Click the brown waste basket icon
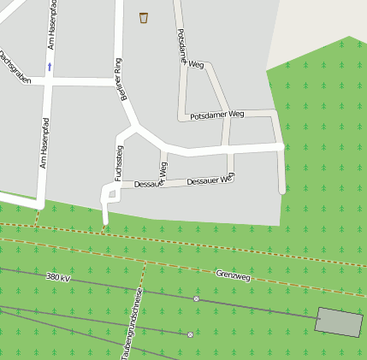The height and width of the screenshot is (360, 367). tap(144, 17)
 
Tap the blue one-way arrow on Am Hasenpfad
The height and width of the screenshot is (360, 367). tap(50, 66)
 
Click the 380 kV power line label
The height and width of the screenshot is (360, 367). tap(58, 277)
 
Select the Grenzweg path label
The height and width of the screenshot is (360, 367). tap(233, 276)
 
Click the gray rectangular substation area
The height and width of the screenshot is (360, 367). tap(339, 320)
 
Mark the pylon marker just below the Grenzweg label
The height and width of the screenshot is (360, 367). tap(196, 299)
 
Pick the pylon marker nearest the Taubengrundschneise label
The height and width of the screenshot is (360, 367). tap(190, 334)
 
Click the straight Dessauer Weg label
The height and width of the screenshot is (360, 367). tap(210, 180)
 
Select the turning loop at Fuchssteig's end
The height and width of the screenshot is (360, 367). tap(110, 198)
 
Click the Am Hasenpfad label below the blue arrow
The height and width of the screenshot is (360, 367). tap(44, 142)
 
